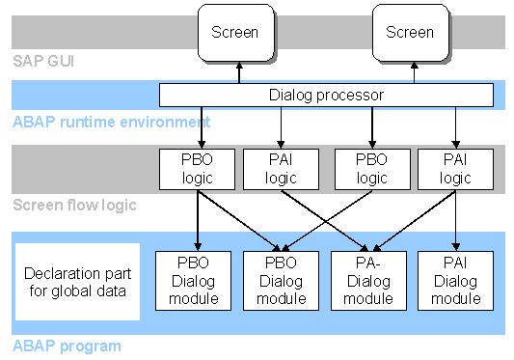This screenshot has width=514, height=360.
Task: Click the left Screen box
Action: [x=234, y=32]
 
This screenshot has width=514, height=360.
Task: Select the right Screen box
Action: [x=411, y=32]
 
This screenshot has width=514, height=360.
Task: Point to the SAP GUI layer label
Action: [x=42, y=62]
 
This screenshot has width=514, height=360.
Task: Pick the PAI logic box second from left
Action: [x=281, y=169]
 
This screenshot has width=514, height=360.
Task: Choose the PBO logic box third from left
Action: [x=371, y=169]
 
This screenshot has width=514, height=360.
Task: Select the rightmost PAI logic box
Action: [x=455, y=169]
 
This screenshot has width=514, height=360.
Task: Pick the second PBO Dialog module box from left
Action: [x=281, y=280]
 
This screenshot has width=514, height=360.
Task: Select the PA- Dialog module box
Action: [x=368, y=280]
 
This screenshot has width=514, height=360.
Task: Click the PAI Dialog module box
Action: [x=455, y=280]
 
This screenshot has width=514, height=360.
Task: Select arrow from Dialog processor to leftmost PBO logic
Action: [x=198, y=127]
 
